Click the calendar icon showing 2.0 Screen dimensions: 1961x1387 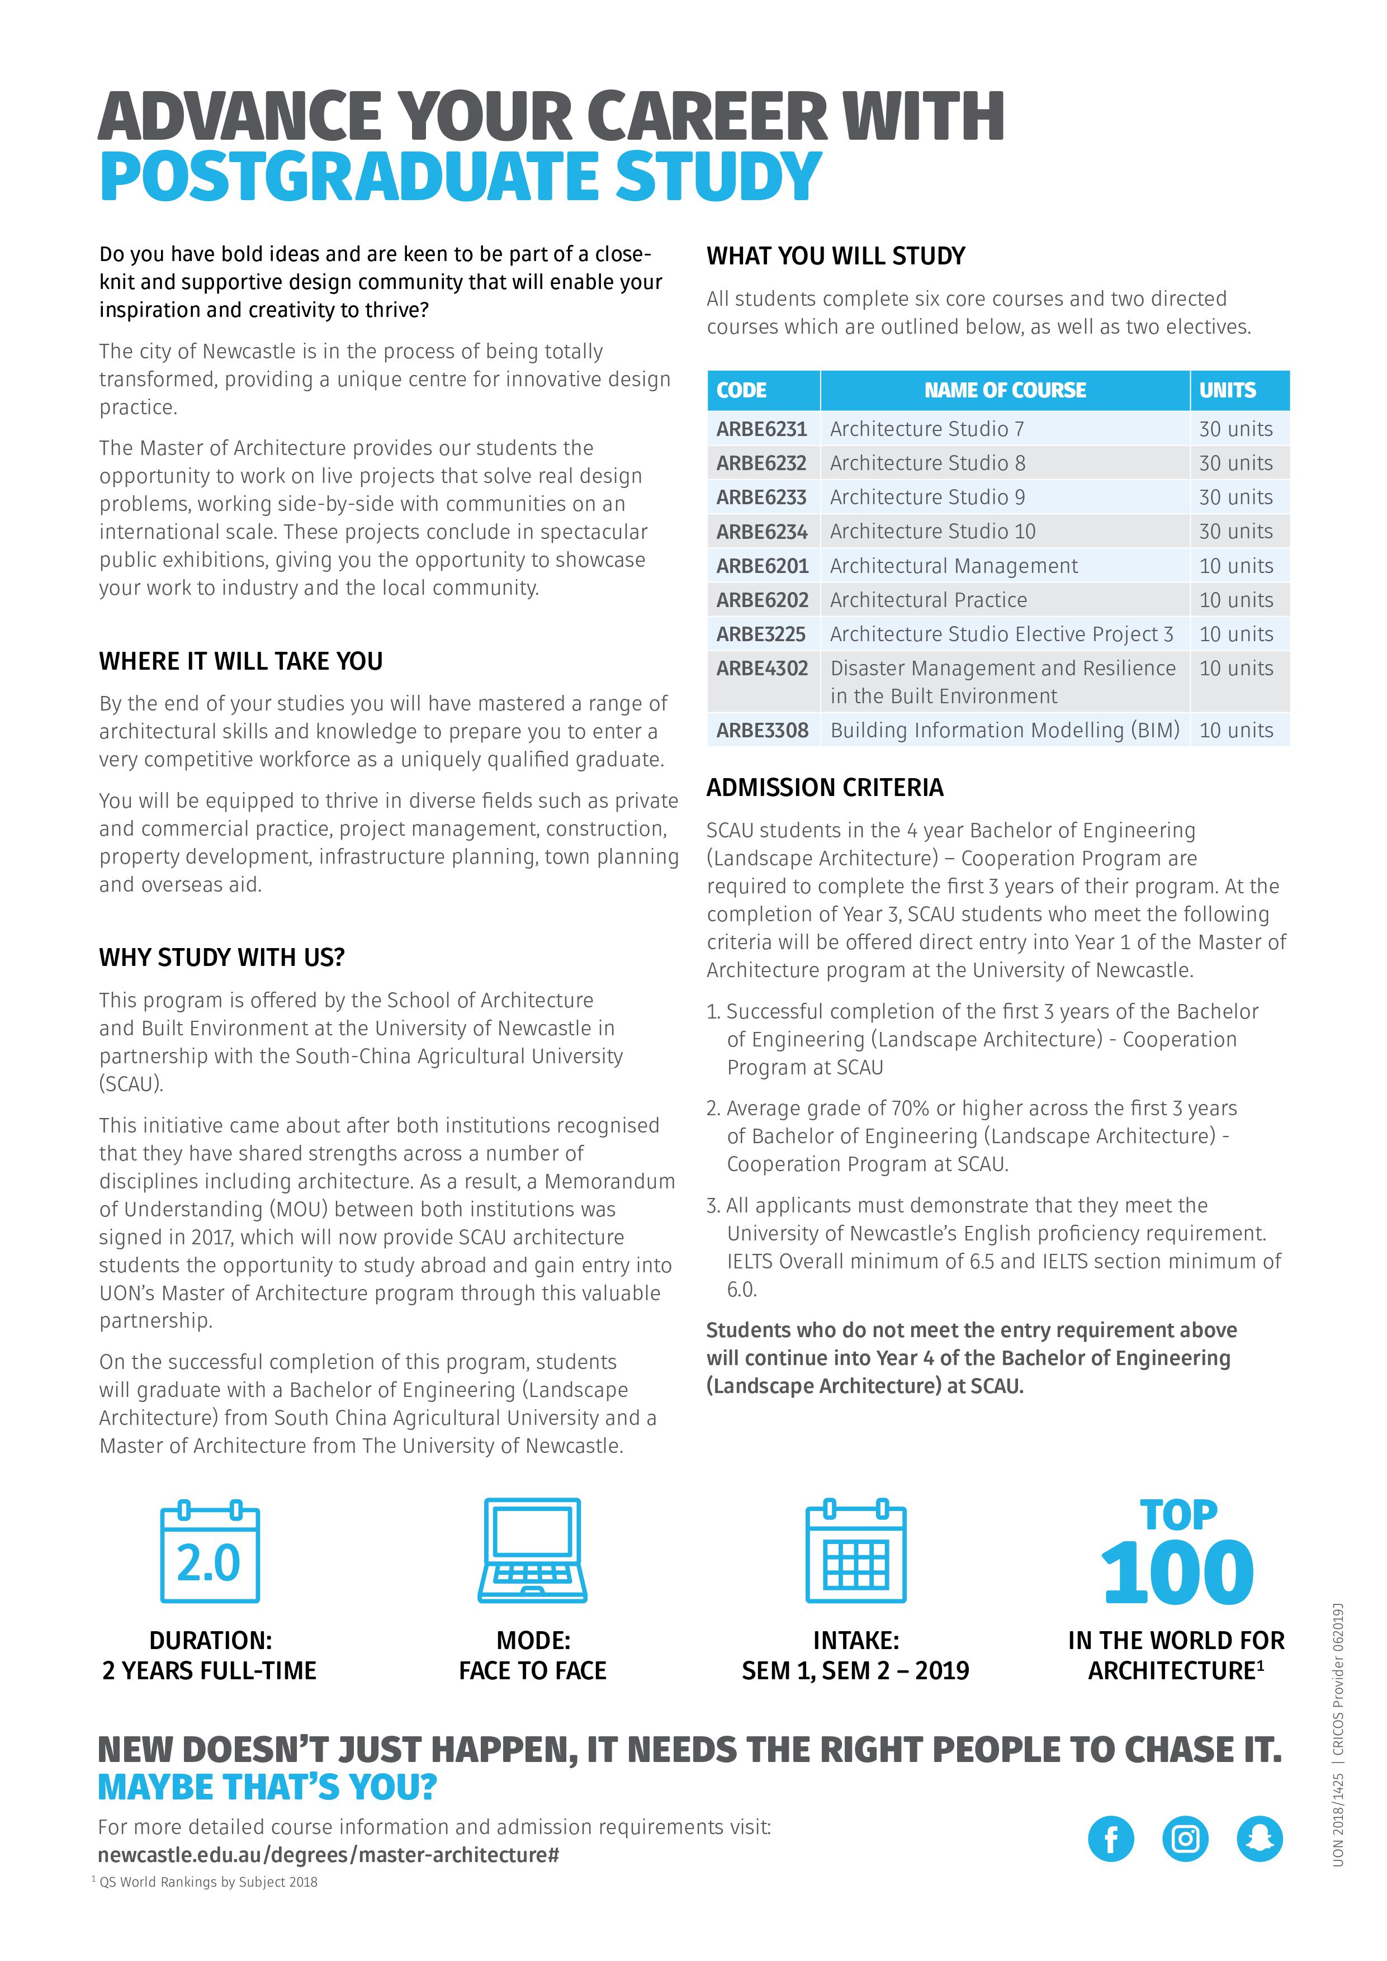210,1551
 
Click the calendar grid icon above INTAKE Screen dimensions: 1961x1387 856,1551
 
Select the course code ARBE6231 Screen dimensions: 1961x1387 761,429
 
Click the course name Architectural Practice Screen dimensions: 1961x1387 929,600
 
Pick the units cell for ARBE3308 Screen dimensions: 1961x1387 1236,730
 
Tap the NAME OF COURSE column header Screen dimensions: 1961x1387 1005,390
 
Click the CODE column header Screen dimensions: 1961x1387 741,390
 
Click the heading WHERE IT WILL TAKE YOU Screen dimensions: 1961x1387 241,661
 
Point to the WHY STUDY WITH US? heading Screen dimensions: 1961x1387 222,958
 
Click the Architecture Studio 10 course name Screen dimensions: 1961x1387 932,531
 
